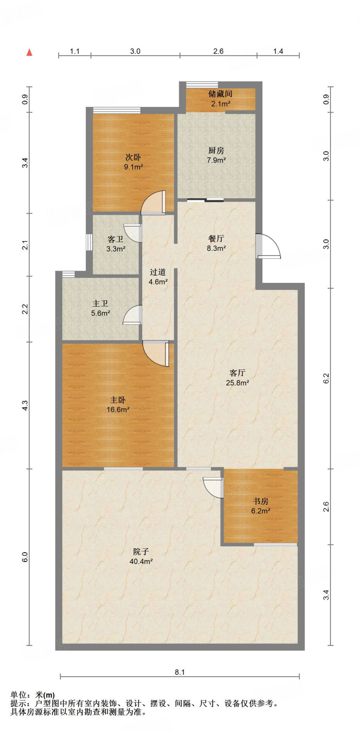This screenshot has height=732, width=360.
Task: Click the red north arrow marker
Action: (30, 53)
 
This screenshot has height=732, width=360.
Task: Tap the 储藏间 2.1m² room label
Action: (220, 99)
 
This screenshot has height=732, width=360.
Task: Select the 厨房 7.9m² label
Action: (216, 155)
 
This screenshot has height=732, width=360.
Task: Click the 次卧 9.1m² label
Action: (133, 162)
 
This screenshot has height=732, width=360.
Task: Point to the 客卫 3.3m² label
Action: (115, 244)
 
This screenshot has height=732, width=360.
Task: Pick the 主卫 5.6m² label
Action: (100, 308)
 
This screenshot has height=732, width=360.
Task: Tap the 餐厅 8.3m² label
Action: (216, 243)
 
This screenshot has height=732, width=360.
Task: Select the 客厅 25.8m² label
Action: (237, 378)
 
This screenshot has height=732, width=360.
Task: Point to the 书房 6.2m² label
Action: (261, 506)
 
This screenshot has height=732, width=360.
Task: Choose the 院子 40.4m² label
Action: (141, 557)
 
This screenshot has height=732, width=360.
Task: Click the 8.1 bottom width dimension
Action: (180, 672)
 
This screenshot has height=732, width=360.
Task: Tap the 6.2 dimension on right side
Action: (326, 379)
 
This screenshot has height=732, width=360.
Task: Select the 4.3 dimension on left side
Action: (25, 405)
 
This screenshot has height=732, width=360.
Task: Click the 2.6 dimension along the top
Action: (218, 51)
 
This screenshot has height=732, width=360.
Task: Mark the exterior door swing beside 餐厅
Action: (268, 246)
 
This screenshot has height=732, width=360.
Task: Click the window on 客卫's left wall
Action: (89, 242)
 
